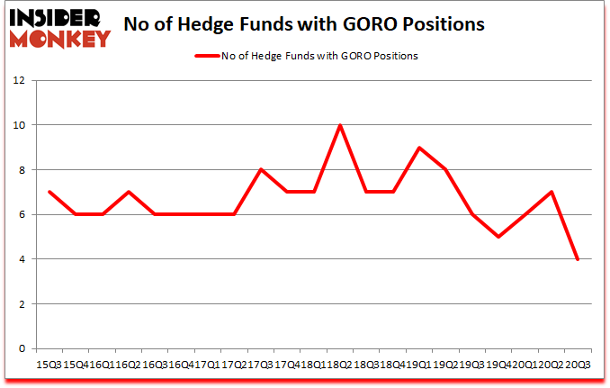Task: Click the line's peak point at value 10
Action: [339, 125]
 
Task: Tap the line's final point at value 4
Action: [577, 259]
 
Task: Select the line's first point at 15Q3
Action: [49, 192]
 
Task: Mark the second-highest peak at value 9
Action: [418, 148]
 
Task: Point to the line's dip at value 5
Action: [498, 237]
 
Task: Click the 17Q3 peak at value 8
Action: [260, 169]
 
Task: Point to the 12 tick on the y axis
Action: [22, 80]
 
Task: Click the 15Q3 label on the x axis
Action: [49, 365]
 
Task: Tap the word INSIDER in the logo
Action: [58, 18]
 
